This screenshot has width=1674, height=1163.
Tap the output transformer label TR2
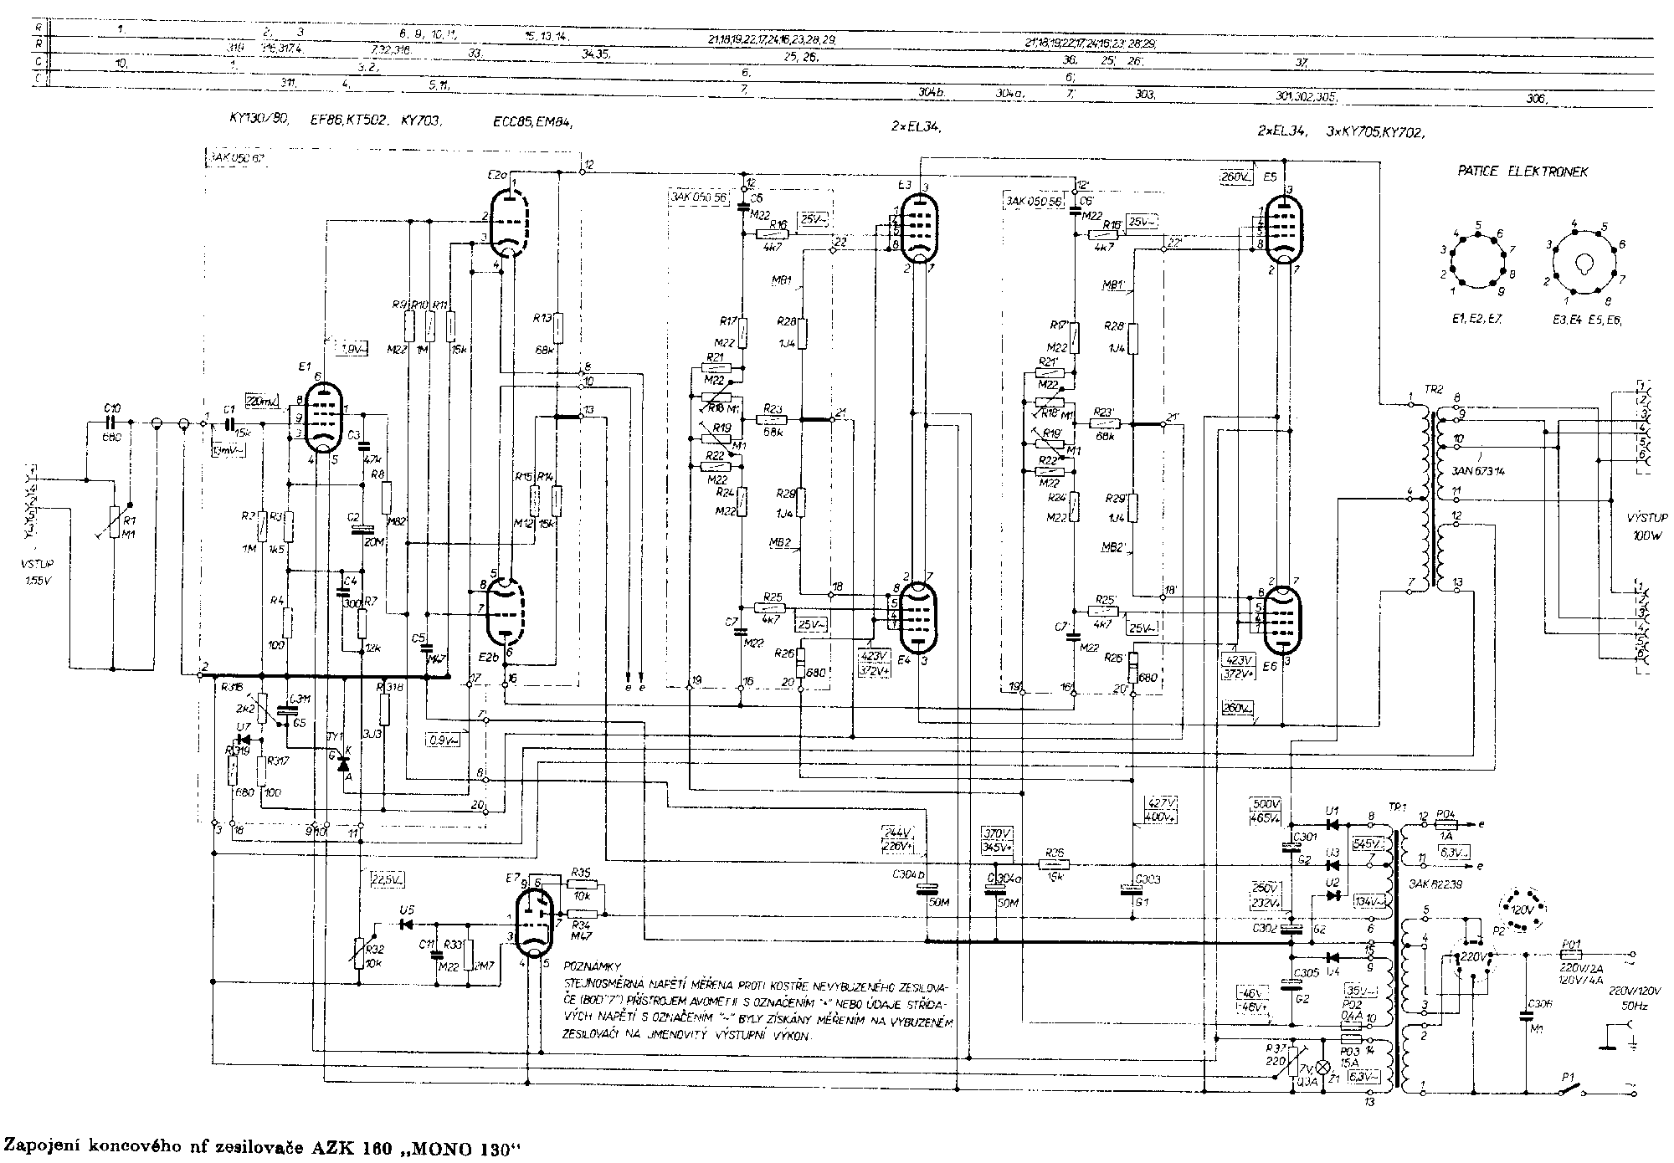point(1434,389)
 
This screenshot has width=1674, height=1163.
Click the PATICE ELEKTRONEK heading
point(1523,172)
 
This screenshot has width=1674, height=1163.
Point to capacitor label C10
point(112,407)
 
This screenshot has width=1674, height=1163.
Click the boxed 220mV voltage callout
point(262,402)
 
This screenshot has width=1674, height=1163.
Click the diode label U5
point(407,910)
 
